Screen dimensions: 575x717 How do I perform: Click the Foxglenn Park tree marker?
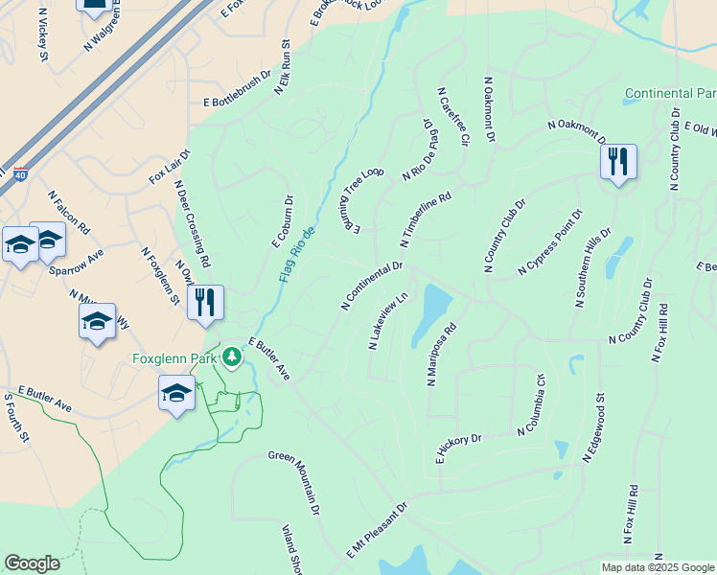coord(231,358)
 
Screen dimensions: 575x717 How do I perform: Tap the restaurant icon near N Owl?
coord(206,303)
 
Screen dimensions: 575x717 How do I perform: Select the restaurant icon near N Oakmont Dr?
coord(617,162)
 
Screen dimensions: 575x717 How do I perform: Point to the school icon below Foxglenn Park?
coord(176,394)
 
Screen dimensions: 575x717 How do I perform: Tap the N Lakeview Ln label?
coord(389,321)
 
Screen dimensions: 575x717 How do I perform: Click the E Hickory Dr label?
coord(458,448)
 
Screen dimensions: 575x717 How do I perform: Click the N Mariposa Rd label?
coord(442,354)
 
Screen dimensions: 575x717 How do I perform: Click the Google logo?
coord(32,563)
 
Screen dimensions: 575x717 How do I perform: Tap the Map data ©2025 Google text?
coord(657,567)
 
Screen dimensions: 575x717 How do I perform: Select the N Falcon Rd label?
coord(72,215)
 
